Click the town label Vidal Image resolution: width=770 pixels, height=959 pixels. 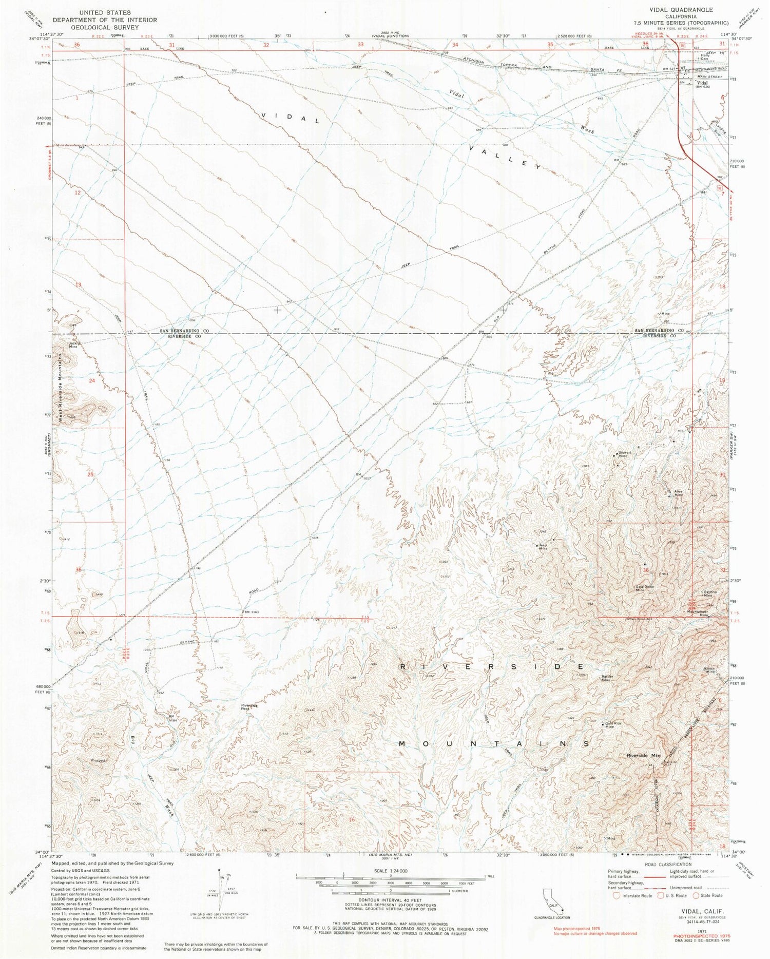click(701, 82)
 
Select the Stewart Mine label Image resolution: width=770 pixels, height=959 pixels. click(622, 454)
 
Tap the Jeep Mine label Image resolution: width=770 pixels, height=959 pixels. click(543, 547)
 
